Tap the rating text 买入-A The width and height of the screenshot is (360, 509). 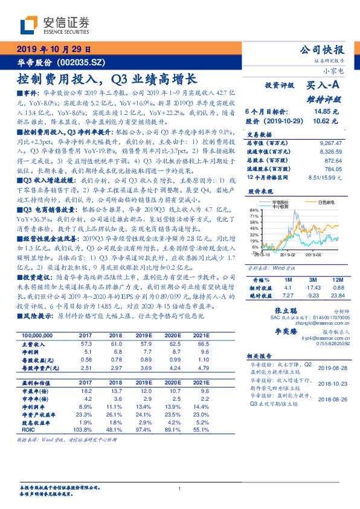tap(323, 85)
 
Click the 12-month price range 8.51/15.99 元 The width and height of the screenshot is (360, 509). tap(324, 177)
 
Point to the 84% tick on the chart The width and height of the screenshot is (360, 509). tap(254, 209)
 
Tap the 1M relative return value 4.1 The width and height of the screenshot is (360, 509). tap(288, 288)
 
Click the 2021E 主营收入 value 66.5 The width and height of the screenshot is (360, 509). tap(202, 343)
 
